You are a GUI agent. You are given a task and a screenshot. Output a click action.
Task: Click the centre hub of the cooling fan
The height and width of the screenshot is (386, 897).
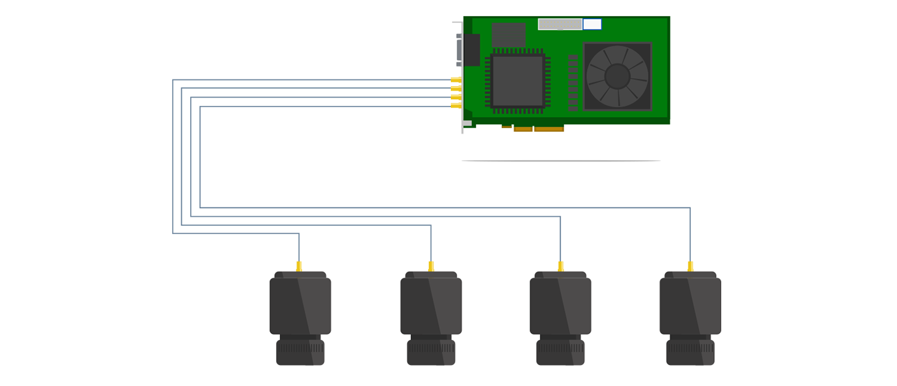point(617,76)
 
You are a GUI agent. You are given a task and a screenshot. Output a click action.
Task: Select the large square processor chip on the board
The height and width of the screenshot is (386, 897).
point(517,81)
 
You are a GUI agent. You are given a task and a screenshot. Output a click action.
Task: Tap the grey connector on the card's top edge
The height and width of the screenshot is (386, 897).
point(560,24)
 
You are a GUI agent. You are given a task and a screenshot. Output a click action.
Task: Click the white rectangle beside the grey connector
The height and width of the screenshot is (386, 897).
point(592,24)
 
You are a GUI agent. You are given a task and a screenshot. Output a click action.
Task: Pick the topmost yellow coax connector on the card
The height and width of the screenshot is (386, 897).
point(456,80)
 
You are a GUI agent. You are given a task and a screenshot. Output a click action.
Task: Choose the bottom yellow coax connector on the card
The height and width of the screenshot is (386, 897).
point(456,106)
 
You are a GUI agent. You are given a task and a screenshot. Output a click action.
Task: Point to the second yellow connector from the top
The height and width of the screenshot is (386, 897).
point(456,89)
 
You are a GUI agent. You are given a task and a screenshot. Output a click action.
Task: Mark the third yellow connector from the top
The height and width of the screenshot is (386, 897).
point(456,97)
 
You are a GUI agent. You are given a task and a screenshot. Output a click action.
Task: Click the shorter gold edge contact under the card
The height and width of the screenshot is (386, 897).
point(523,129)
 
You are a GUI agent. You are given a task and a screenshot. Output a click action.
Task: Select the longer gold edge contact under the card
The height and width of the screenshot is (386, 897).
point(549,129)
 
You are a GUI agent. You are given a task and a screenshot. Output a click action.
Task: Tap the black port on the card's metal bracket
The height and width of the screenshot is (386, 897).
point(471,50)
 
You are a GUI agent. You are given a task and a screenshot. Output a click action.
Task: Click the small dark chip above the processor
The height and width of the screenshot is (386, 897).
point(508,34)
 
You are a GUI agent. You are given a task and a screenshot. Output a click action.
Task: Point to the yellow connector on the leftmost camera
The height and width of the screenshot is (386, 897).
point(299,267)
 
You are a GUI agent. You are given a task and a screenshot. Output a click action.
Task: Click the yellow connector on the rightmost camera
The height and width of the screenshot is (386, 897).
point(690,267)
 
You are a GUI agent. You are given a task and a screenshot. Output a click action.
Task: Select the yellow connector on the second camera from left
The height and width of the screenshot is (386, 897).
point(431,267)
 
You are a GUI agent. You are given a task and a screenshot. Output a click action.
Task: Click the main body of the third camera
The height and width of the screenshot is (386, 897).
point(560,306)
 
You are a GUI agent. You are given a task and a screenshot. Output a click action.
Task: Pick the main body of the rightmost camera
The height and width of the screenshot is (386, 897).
point(690,306)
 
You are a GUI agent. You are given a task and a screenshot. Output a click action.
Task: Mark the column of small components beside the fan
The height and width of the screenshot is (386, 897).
point(573,82)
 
